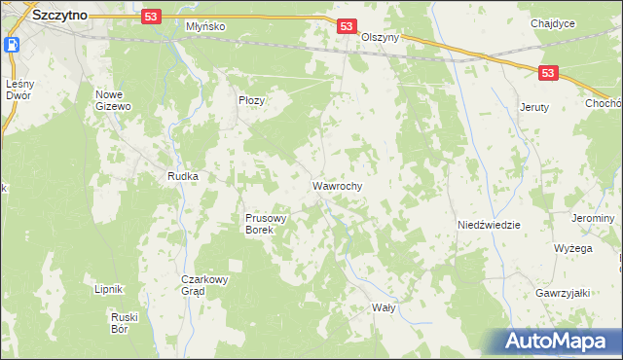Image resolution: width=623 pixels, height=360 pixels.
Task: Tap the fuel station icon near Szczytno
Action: [13, 45]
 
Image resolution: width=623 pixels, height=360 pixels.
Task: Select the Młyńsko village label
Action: [205, 27]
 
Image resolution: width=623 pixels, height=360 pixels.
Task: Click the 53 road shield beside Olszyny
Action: [347, 28]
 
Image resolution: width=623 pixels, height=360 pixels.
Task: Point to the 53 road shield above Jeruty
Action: [550, 73]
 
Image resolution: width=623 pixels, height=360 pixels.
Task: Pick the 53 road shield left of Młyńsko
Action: [149, 17]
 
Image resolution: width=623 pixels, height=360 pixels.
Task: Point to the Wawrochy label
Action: [338, 185]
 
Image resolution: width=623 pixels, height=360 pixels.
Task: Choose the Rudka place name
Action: [183, 177]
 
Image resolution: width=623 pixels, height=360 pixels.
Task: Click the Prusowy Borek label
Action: [266, 225]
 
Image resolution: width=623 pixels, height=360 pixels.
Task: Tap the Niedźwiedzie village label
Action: [489, 225]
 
